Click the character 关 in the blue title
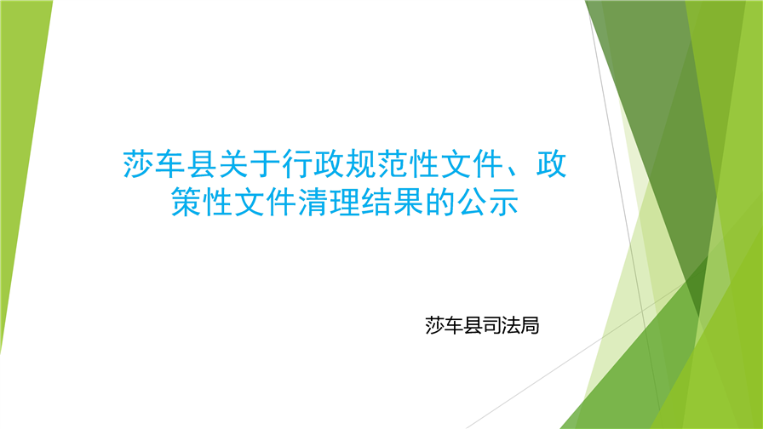click(234, 164)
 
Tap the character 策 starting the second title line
click(186, 202)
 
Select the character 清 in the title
click(313, 202)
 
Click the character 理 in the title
click(345, 202)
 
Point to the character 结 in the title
click(376, 202)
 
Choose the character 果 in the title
click(408, 202)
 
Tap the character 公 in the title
click(472, 202)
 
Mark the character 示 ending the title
click(503, 202)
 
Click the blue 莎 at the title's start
click(139, 164)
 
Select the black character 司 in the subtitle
click(492, 325)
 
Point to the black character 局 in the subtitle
click(531, 325)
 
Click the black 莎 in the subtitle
click(435, 325)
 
